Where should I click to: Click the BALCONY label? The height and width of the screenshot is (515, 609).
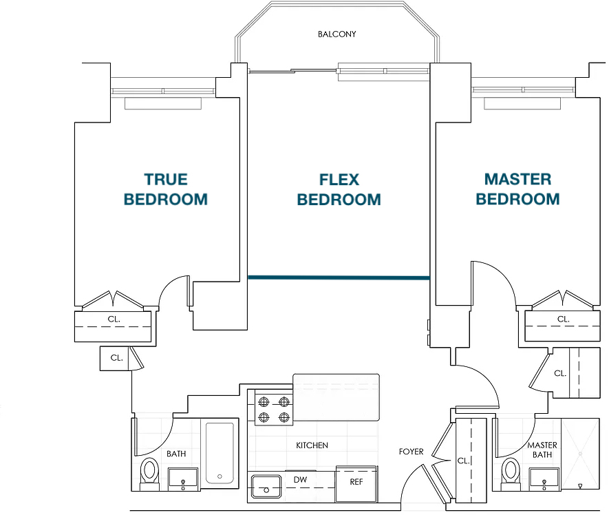point(336,34)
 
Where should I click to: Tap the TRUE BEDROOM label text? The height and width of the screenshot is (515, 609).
point(166,189)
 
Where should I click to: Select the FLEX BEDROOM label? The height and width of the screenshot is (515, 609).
point(339,189)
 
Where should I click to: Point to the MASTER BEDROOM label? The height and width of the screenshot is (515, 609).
point(517,189)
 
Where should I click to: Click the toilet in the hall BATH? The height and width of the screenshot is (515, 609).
point(149,474)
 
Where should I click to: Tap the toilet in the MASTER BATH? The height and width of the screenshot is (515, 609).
point(511,474)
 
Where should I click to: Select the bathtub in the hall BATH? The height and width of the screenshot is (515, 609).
point(220,453)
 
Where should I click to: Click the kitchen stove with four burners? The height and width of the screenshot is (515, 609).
point(274,408)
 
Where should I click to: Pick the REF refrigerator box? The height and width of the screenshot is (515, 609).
point(356,484)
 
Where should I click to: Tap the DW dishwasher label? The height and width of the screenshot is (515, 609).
point(300,480)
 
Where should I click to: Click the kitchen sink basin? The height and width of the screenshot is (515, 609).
point(266,487)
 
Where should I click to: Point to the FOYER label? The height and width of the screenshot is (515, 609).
point(411,452)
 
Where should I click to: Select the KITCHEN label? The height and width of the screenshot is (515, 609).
point(312,445)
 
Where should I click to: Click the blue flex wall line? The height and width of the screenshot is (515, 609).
point(339,277)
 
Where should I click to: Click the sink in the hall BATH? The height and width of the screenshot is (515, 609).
point(183,479)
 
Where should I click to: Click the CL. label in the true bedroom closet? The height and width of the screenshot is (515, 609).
point(114,319)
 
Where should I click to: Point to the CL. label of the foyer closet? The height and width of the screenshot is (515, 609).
point(463,461)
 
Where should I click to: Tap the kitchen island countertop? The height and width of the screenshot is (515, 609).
point(336,397)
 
